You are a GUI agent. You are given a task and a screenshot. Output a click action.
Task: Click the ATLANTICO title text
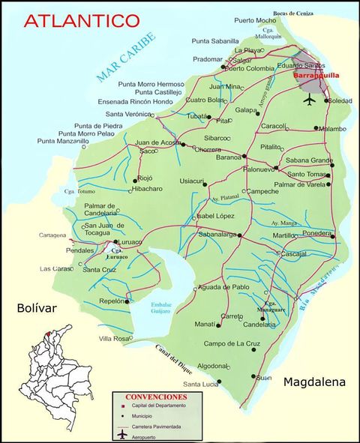pyautogui.click(x=81, y=20)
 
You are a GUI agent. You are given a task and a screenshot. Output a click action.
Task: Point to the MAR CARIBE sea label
pyautogui.click(x=126, y=56)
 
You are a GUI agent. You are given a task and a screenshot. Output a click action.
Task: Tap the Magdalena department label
pyautogui.click(x=314, y=382)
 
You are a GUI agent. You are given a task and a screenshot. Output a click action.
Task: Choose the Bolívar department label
pyautogui.click(x=37, y=308)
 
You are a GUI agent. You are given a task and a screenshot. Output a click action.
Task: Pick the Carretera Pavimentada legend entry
pyautogui.click(x=160, y=425)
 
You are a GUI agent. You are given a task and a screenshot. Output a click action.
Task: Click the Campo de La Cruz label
pyautogui.click(x=232, y=344)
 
